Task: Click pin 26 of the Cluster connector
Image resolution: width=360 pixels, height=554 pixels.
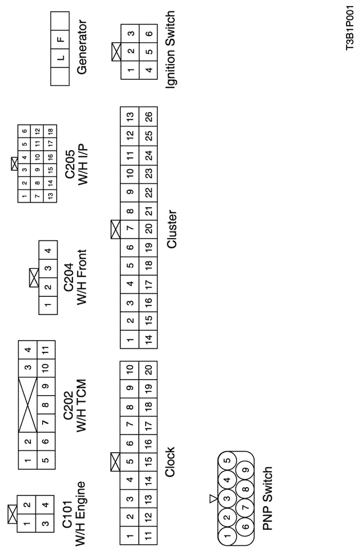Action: (x=149, y=116)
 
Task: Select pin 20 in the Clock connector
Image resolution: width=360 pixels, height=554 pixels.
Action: (x=149, y=370)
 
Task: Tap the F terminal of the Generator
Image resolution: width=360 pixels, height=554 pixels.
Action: (x=60, y=39)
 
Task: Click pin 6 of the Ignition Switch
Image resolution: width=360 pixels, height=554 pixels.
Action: (x=149, y=33)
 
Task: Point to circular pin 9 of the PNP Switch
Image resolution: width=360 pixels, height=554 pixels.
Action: (x=246, y=470)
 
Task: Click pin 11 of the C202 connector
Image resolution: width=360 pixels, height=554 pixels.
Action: (x=46, y=349)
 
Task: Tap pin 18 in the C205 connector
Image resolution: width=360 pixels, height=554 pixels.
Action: (x=50, y=131)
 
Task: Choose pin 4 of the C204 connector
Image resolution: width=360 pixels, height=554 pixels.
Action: (x=48, y=251)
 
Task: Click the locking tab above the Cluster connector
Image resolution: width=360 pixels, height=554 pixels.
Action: (x=116, y=229)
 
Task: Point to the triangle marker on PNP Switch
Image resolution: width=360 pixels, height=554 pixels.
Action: (x=213, y=498)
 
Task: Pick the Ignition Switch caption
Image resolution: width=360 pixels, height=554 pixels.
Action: (x=170, y=49)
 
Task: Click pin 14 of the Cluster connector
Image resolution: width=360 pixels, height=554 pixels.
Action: (x=149, y=339)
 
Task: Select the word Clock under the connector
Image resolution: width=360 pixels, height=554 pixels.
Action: (x=170, y=462)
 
